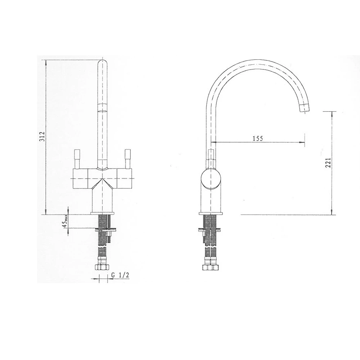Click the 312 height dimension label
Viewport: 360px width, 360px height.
click(42, 137)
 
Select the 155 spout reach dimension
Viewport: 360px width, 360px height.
click(258, 138)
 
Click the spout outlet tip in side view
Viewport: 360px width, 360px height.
click(305, 107)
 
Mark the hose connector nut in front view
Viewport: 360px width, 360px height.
click(103, 267)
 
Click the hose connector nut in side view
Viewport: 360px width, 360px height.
click(211, 267)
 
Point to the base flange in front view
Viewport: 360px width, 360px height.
click(103, 213)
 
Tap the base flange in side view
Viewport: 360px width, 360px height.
click(211, 213)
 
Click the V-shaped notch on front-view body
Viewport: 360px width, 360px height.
click(103, 180)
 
